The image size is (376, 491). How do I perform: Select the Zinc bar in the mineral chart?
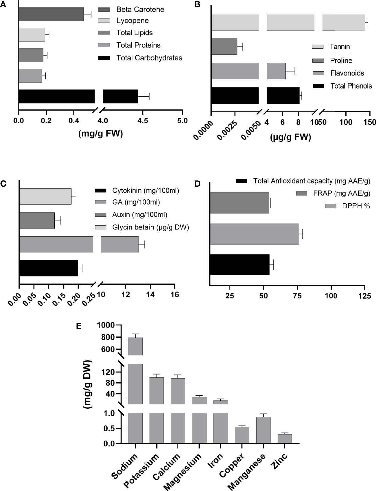coord(285,439)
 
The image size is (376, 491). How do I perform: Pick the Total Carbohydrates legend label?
coord(149,58)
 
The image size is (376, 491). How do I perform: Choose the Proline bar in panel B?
coord(224,47)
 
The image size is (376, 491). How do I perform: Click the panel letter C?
coord(3,184)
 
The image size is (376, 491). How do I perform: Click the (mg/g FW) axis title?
coord(100,134)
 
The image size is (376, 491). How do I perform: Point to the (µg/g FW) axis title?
coord(290,137)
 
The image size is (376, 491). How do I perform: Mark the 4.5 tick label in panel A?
coord(143,120)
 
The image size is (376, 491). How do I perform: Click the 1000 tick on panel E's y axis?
coord(106,325)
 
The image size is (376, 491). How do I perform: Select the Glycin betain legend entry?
coord(150,227)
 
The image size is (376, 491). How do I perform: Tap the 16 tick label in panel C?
coord(175,295)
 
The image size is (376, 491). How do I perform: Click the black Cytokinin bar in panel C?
coord(48,268)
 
